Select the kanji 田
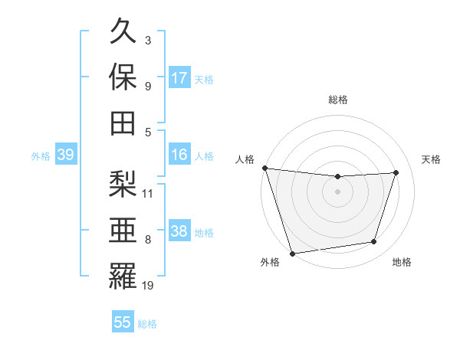[123, 123]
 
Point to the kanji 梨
[123, 183]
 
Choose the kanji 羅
[123, 273]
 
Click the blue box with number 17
[179, 78]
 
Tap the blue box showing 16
[179, 155]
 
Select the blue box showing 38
[179, 231]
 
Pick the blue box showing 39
[65, 155]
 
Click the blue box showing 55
[123, 322]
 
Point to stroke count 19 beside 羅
[148, 286]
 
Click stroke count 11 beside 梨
[148, 193]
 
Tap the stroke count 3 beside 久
[148, 40]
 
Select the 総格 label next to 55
[147, 324]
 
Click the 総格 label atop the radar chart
[337, 100]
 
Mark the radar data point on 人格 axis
[264, 168]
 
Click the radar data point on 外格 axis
[293, 253]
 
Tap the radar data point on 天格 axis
[396, 172]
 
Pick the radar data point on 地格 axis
[374, 242]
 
